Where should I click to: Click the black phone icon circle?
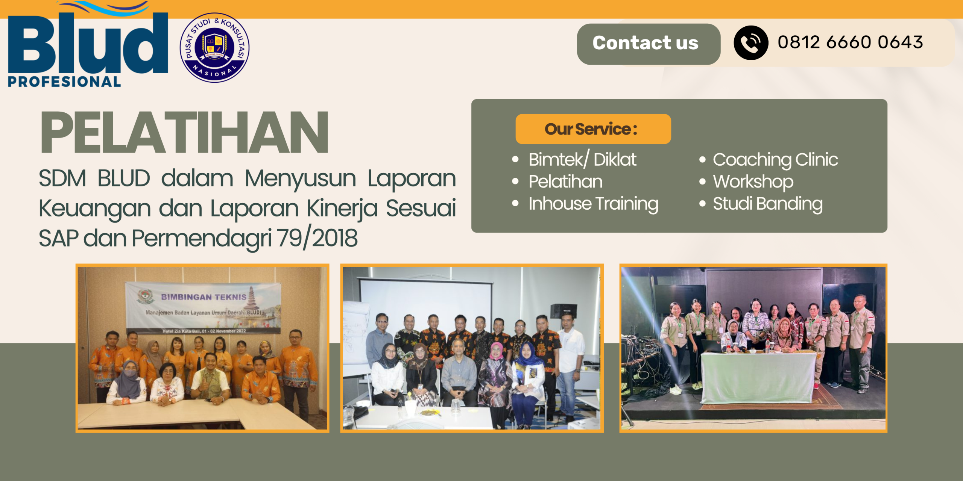(750, 43)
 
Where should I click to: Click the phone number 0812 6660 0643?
(850, 42)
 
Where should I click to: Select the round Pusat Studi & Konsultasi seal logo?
(214, 48)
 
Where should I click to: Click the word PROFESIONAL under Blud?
(64, 82)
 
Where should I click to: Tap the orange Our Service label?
(593, 129)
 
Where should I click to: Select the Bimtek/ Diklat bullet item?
(582, 159)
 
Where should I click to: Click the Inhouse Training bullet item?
(593, 204)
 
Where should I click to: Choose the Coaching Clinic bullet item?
(775, 159)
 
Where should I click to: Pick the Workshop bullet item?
(753, 182)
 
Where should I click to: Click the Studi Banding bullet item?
(767, 204)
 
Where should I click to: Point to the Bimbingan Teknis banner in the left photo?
(203, 306)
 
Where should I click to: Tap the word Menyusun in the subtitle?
(300, 178)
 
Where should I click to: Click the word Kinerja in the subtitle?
(342, 209)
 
